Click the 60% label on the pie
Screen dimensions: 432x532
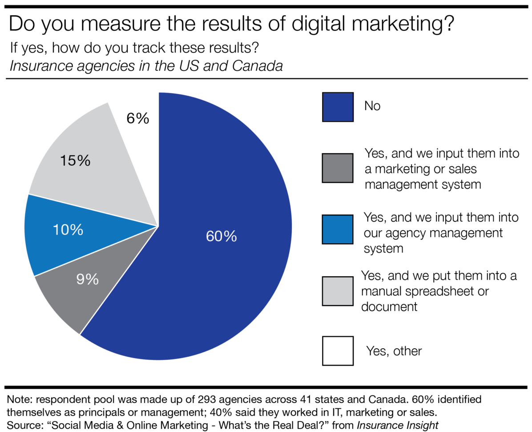pyautogui.click(x=221, y=236)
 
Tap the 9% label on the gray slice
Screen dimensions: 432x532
pyautogui.click(x=87, y=279)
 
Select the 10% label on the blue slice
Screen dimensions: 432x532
pyautogui.click(x=68, y=230)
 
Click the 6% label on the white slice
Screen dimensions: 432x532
pyautogui.click(x=137, y=119)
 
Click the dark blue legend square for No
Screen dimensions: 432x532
pyautogui.click(x=338, y=107)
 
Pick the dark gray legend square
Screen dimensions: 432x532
pyautogui.click(x=338, y=168)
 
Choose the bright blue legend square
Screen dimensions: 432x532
pyautogui.click(x=338, y=229)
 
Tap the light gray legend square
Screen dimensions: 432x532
pyautogui.click(x=338, y=290)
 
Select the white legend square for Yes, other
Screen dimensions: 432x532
pyautogui.click(x=338, y=351)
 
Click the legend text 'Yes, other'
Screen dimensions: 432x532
pyautogui.click(x=394, y=351)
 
